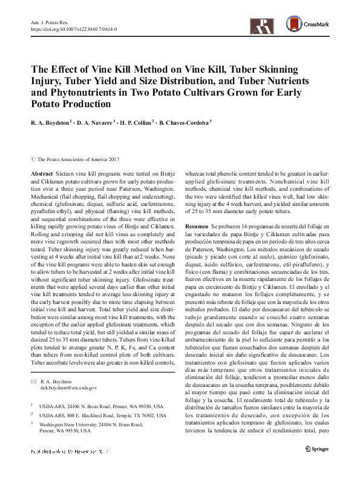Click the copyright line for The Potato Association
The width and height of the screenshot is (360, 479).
(x=74, y=159)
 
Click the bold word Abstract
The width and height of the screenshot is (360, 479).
(x=41, y=173)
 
